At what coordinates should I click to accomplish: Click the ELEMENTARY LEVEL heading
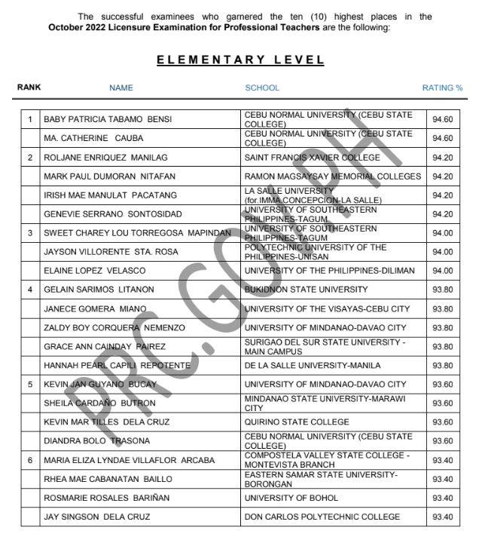pyautogui.click(x=240, y=60)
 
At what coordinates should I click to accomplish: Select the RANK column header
pyautogui.click(x=29, y=87)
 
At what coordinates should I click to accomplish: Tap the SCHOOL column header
pyautogui.click(x=262, y=87)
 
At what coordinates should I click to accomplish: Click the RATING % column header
pyautogui.click(x=442, y=87)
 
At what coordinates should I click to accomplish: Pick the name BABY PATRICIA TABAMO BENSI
pyautogui.click(x=108, y=119)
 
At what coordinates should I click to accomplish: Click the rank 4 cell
pyautogui.click(x=30, y=290)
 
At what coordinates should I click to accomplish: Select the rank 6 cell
pyautogui.click(x=30, y=460)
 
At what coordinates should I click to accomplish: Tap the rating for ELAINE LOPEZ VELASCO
pyautogui.click(x=443, y=271)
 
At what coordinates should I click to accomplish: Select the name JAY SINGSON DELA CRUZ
pyautogui.click(x=97, y=517)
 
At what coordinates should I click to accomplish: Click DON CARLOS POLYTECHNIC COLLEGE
pyautogui.click(x=322, y=517)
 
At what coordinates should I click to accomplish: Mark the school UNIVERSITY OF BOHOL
pyautogui.click(x=291, y=498)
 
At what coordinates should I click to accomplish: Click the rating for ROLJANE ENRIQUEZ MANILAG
pyautogui.click(x=443, y=158)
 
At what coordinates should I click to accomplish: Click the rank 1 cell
pyautogui.click(x=30, y=119)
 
